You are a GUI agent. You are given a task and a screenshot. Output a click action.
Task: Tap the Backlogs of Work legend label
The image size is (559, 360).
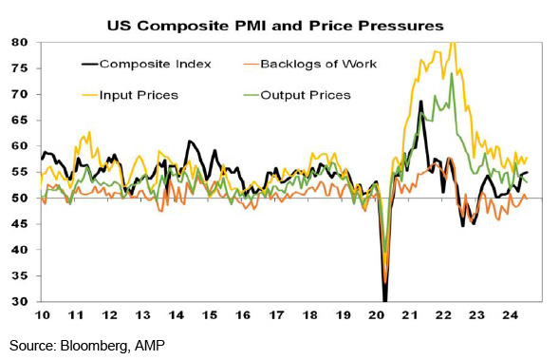coord(318,65)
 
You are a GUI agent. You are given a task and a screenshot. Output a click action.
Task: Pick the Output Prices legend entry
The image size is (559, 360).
coord(306,95)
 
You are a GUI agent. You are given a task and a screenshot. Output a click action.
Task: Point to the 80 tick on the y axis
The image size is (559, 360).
coord(19,43)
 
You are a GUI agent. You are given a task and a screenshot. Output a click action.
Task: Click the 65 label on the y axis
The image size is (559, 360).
coord(19,121)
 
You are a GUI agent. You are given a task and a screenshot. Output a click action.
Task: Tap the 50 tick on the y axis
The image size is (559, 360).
coord(19,198)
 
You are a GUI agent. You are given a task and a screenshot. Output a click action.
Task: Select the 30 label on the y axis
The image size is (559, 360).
coord(19,301)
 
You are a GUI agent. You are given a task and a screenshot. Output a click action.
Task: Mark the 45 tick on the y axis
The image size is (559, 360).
coord(19,224)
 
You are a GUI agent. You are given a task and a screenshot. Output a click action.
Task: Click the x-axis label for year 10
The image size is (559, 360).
coord(43,315)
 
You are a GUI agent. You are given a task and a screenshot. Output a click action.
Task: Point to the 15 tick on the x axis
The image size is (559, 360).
coord(209,315)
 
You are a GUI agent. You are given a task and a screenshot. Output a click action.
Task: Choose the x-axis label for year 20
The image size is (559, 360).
coord(377,315)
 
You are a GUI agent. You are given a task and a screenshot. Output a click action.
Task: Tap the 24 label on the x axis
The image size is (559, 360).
coord(510,315)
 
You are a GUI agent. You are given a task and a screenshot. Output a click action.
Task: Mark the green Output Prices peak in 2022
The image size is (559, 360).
coord(452,73)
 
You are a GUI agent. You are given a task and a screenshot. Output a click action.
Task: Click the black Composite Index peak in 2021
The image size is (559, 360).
coord(421,101)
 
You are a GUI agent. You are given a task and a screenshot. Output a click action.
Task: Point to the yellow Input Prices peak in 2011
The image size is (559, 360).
coord(89,132)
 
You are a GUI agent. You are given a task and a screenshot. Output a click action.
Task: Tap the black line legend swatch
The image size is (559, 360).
coord(89,65)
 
